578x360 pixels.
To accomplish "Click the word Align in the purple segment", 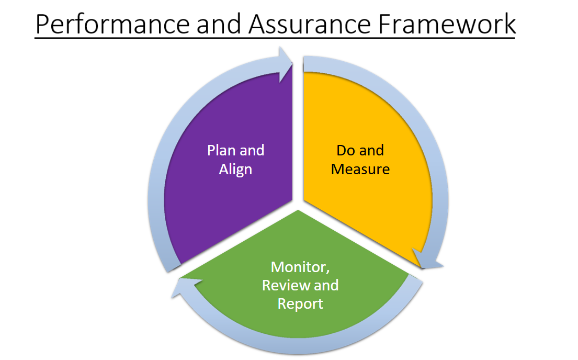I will click(235, 170).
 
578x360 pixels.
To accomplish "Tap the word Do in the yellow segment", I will click(346, 151).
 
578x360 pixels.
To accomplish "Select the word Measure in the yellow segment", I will click(360, 170).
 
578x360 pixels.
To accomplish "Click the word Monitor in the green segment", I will click(300, 267).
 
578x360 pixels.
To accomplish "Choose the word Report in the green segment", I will click(300, 303).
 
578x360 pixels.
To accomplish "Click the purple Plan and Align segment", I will click(225, 199).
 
